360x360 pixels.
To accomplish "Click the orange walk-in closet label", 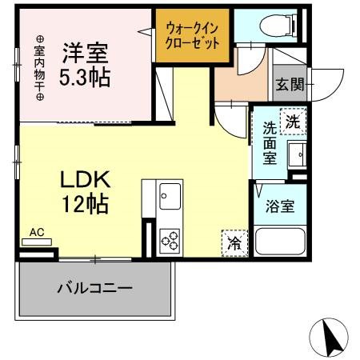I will (193, 35).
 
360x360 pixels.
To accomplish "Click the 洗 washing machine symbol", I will (293, 122).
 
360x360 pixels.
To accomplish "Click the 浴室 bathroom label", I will (281, 205).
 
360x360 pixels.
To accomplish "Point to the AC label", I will (36, 233).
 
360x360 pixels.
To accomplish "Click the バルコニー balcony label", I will (94, 287).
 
